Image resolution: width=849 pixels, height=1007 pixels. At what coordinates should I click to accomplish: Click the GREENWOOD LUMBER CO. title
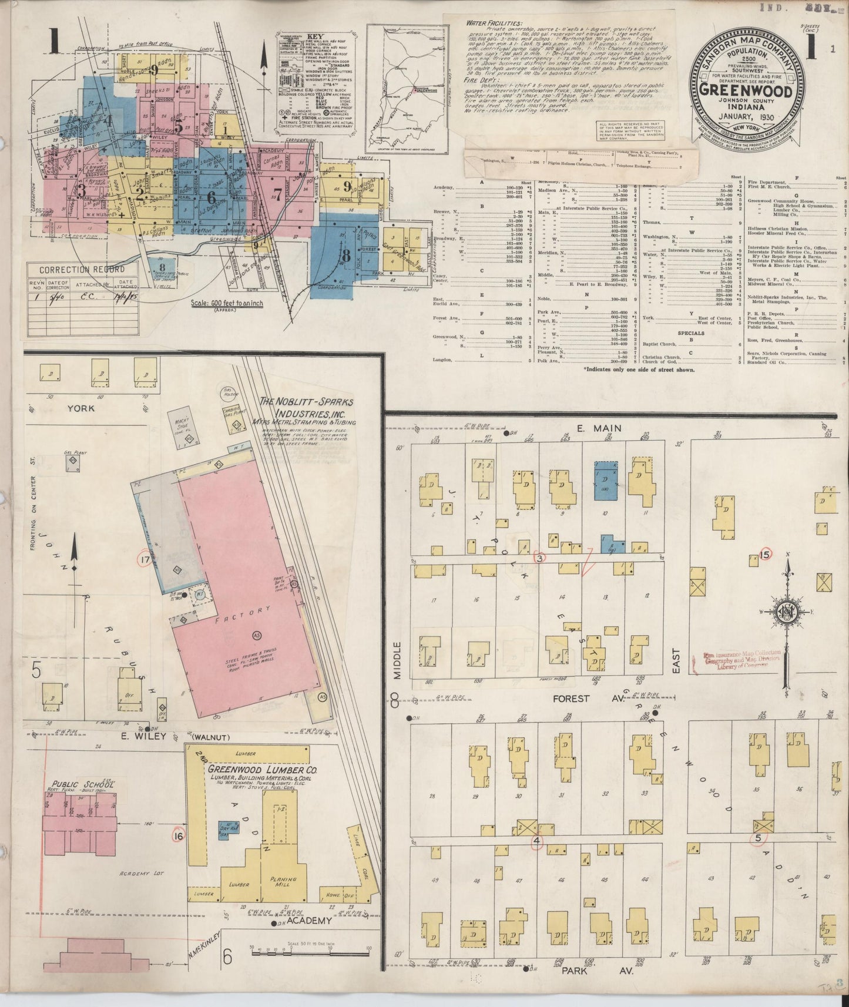[x=262, y=769]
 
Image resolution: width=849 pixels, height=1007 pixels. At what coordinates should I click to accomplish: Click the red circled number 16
[x=179, y=834]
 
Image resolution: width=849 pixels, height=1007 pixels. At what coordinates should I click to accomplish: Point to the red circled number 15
[x=764, y=554]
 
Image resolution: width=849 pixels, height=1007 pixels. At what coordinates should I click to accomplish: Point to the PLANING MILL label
[x=283, y=883]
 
